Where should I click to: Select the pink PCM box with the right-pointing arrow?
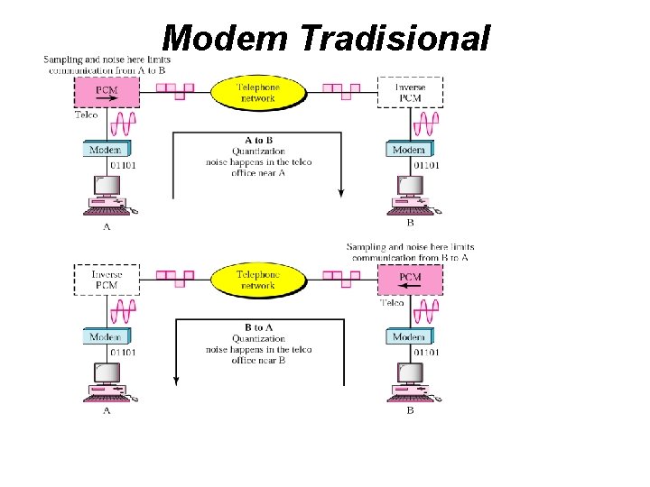point(107,92)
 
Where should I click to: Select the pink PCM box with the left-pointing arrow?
point(410,280)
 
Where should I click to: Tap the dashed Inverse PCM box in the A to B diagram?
point(410,92)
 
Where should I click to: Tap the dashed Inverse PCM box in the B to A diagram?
point(107,280)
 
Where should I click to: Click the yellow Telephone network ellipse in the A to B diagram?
point(258,92)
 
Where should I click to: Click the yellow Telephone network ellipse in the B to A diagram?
point(258,280)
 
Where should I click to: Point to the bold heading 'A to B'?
point(258,141)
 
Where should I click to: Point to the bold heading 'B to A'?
point(258,327)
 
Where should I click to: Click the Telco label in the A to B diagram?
point(87,115)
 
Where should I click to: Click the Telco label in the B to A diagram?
point(392,303)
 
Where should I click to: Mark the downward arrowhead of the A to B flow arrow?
point(341,192)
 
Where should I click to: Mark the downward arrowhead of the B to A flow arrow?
point(173,379)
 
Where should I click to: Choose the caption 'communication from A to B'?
point(107,69)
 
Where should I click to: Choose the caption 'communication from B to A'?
point(410,257)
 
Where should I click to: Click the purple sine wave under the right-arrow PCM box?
point(123,124)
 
